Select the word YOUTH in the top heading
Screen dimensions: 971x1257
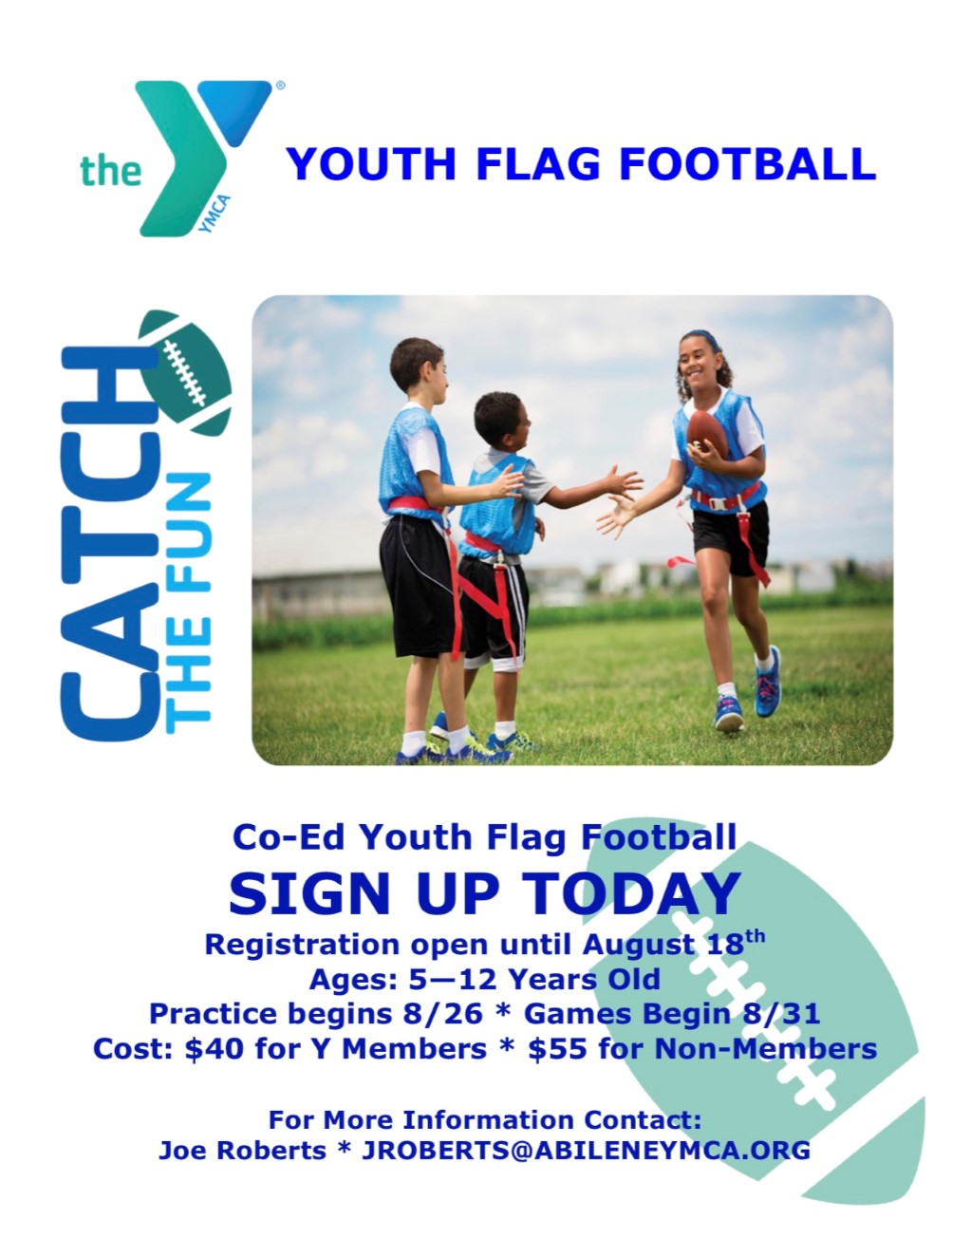point(371,163)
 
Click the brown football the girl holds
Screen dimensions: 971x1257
point(706,434)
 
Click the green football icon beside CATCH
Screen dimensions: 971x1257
point(186,372)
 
